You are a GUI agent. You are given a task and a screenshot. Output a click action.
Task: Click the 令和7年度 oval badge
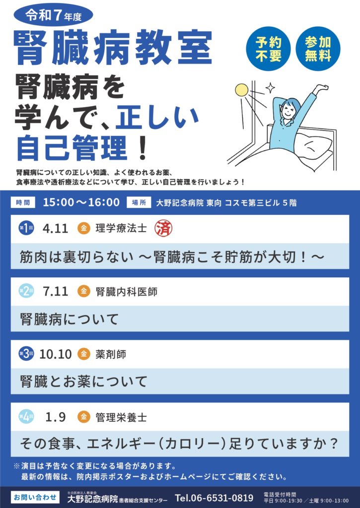click(54, 15)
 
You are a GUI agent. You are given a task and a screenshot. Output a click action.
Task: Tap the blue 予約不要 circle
click(268, 49)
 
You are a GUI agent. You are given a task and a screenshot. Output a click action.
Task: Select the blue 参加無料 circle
click(318, 49)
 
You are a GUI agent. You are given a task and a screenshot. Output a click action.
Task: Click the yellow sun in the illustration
click(241, 90)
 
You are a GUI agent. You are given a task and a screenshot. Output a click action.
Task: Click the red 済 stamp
click(163, 228)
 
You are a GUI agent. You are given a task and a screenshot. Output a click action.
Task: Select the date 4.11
click(55, 228)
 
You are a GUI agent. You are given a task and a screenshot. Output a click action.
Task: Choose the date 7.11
click(55, 291)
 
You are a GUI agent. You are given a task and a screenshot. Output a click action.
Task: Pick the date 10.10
click(55, 354)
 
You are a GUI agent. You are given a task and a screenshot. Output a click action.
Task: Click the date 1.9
click(56, 417)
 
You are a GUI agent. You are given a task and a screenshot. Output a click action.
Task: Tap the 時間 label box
click(23, 202)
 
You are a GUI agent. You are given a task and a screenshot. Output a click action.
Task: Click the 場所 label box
click(139, 202)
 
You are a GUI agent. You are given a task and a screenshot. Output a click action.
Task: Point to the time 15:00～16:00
click(81, 202)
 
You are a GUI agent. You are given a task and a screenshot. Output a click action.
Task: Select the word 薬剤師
click(111, 354)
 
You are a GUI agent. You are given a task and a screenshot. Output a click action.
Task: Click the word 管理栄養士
click(121, 417)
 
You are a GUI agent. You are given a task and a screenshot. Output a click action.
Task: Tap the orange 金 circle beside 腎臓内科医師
click(84, 291)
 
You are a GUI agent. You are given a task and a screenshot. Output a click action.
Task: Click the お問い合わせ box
click(35, 497)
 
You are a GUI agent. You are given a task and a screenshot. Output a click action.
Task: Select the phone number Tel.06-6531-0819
click(214, 498)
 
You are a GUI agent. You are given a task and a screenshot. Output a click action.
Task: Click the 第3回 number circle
click(26, 354)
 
